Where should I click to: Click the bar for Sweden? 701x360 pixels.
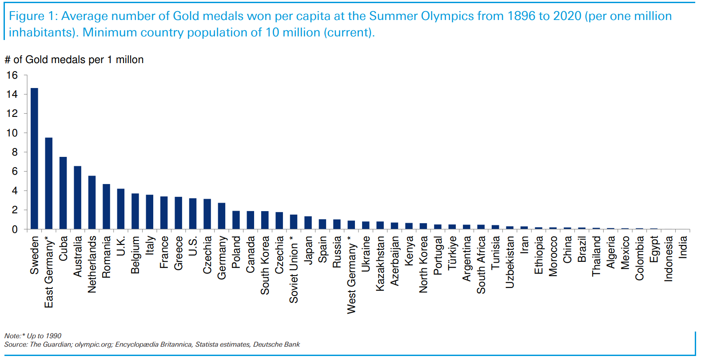[34, 159]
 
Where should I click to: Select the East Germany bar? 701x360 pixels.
[49, 184]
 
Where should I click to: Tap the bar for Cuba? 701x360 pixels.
[63, 193]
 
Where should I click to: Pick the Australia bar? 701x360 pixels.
[77, 198]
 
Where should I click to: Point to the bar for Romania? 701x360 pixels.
[106, 207]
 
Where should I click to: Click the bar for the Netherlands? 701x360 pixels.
[92, 203]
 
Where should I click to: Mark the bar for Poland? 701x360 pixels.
[236, 220]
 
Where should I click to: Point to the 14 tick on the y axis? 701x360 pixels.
[12, 94]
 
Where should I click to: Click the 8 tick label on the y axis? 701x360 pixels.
[15, 152]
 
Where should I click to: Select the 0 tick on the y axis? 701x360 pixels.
[15, 229]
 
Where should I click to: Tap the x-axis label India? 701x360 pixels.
[683, 247]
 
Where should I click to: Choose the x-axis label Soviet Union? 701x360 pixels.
[294, 269]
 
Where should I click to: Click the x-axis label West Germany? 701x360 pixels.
[351, 275]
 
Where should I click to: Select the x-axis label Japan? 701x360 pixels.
[308, 250]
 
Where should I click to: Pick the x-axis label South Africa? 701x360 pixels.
[481, 265]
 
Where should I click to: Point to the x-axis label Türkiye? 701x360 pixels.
[452, 253]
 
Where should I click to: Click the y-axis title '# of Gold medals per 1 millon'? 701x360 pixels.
[74, 60]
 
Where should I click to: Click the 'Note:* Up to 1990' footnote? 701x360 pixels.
[33, 336]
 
